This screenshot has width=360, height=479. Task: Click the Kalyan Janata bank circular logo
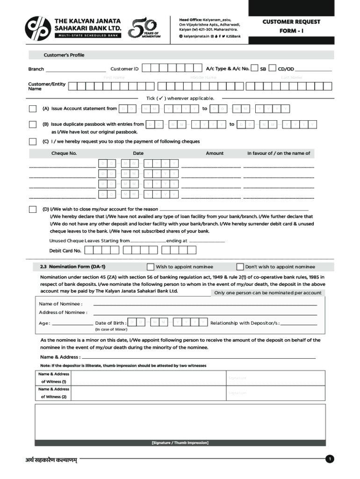[38, 29]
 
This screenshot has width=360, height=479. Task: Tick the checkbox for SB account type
[254, 69]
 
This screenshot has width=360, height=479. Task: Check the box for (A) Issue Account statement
[33, 109]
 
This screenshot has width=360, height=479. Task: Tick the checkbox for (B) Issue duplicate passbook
[33, 124]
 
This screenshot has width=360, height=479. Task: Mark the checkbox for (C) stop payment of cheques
[33, 141]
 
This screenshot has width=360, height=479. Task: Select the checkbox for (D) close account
[33, 209]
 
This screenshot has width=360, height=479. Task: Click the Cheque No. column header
[64, 153]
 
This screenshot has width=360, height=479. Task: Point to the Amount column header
[215, 153]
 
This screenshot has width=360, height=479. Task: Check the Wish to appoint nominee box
[150, 267]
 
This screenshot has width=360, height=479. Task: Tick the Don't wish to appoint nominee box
[240, 267]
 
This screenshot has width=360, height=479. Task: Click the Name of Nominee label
[60, 304]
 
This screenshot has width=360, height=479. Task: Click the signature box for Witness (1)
[276, 378]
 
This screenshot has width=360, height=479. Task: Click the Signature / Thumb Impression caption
[180, 443]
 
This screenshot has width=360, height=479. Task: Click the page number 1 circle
[330, 459]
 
